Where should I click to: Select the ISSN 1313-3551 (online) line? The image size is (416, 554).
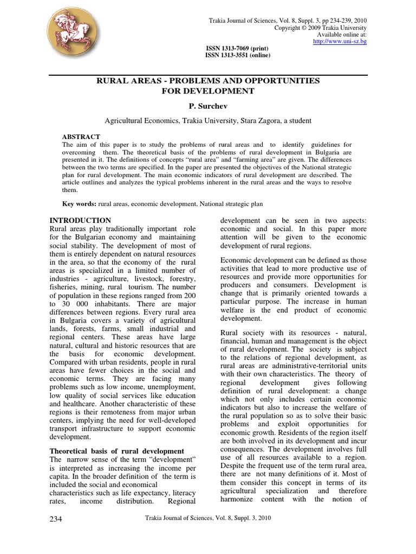[237, 55]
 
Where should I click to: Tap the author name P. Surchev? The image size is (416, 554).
[208, 106]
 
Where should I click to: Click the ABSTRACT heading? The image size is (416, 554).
[81, 137]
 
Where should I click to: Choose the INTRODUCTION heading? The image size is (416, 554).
[80, 220]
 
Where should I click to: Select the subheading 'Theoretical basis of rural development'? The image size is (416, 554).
[117, 451]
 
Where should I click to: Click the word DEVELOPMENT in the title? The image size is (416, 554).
[208, 91]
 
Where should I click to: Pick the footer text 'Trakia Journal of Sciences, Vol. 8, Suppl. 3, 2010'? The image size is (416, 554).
[209, 518]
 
